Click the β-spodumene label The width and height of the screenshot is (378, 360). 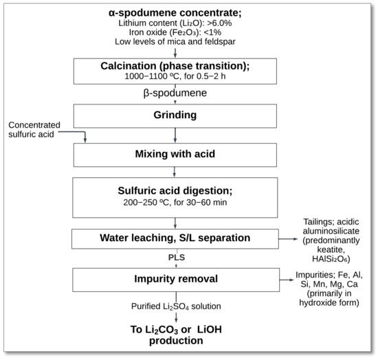pyautogui.click(x=177, y=92)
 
